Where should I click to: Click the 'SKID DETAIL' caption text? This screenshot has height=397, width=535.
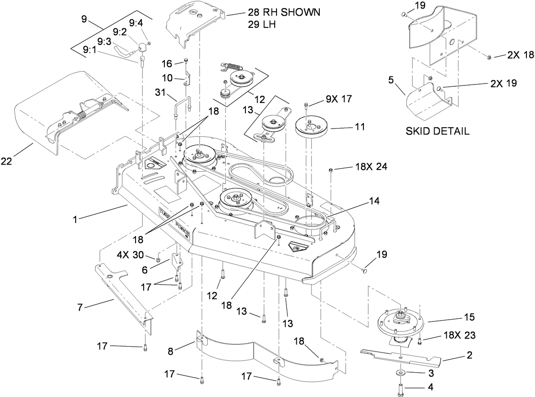437,131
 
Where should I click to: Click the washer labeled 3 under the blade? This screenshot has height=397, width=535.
400,373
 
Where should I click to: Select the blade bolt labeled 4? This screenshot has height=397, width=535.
400,386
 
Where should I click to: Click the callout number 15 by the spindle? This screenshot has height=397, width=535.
469,317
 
